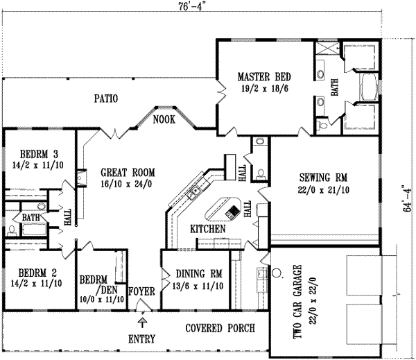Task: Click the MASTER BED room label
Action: [x=264, y=77]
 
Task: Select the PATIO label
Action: [x=106, y=98]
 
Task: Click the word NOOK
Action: [x=164, y=119]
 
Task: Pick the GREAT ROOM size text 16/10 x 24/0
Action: [x=126, y=184]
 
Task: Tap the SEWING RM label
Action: [x=323, y=178]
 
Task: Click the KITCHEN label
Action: [x=208, y=229]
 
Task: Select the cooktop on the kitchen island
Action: [x=232, y=212]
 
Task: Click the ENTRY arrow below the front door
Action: [x=143, y=323]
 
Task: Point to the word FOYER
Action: [x=141, y=291]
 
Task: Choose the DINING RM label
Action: [x=199, y=273]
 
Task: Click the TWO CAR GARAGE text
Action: [x=297, y=301]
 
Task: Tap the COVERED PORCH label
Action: [x=220, y=328]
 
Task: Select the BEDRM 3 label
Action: [x=39, y=154]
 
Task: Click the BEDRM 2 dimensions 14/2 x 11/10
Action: [x=36, y=283]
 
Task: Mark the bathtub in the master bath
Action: [x=369, y=87]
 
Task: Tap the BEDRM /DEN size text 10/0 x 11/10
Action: [x=102, y=300]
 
